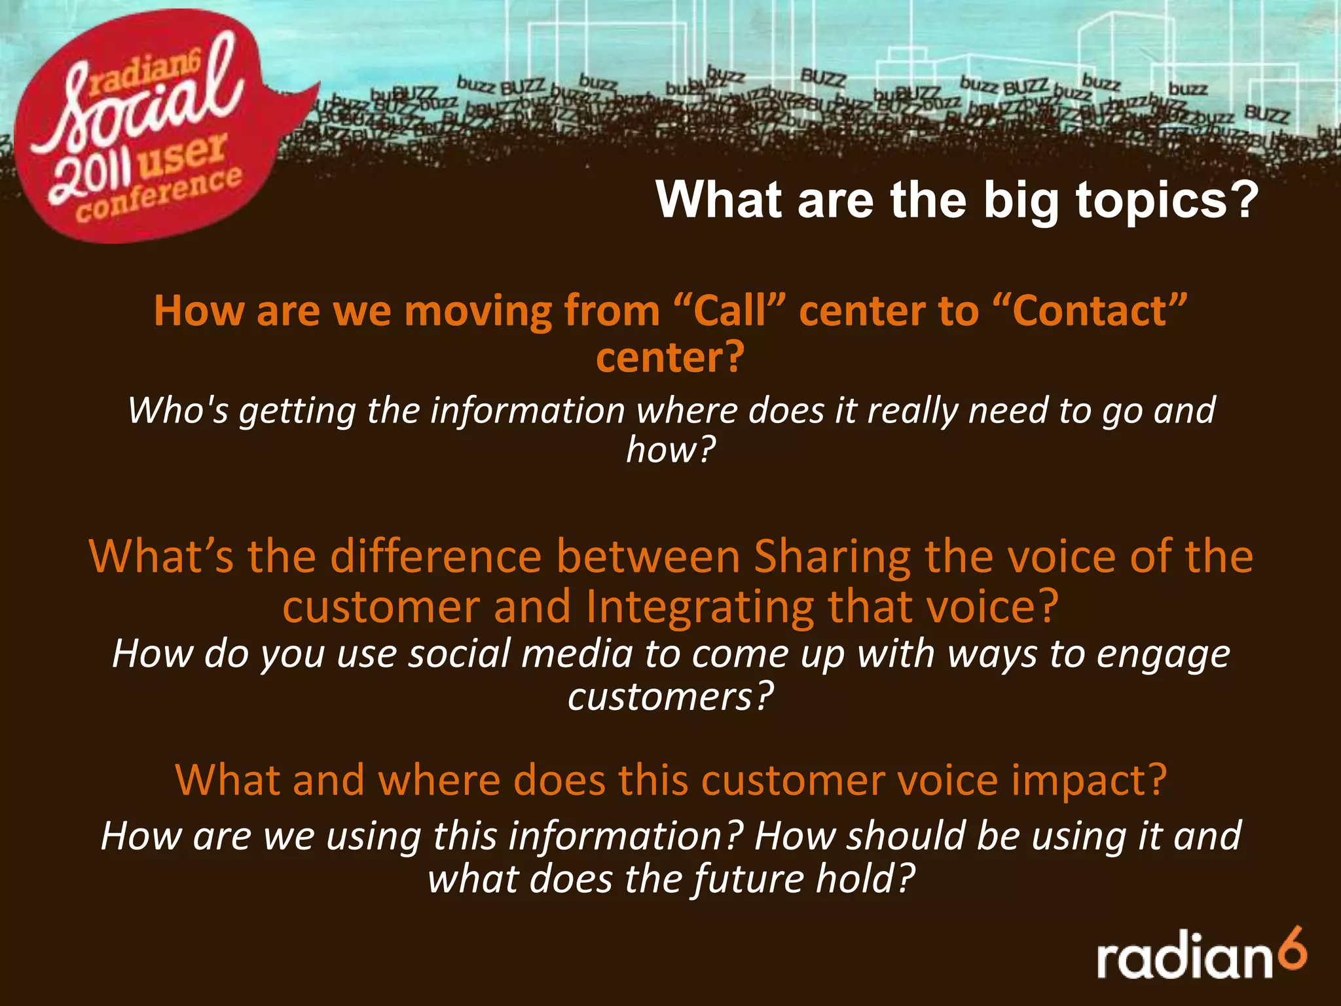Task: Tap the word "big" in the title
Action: [x=1021, y=202]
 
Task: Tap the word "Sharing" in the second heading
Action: [x=832, y=557]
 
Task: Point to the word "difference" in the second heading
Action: [x=435, y=557]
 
